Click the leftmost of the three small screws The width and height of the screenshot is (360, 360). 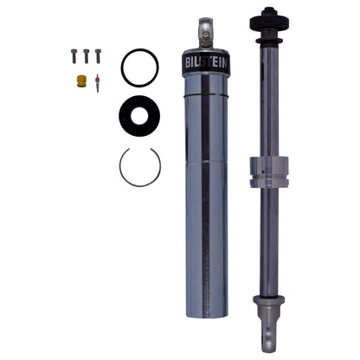(74, 56)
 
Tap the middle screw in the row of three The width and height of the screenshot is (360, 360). (86, 56)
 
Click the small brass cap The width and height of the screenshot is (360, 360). (81, 81)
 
